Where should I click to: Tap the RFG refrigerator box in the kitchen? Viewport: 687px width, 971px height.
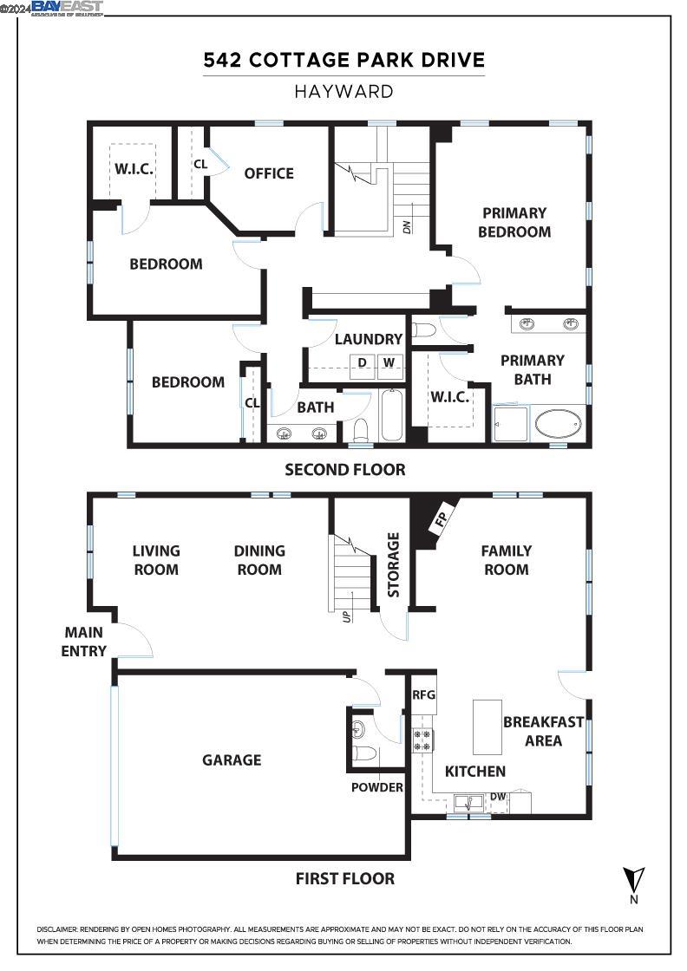coord(423,695)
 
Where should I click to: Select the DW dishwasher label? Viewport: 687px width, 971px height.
coord(498,797)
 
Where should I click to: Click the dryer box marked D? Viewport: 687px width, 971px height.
coord(363,362)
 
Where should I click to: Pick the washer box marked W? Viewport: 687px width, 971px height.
coord(389,362)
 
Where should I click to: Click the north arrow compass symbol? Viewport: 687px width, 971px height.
coord(635,879)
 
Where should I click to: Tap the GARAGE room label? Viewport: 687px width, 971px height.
coord(232,760)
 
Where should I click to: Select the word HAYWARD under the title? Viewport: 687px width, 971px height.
coord(343,91)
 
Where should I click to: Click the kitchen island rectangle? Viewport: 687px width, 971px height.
coord(487,727)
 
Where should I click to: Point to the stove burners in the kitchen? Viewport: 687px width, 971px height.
coord(423,740)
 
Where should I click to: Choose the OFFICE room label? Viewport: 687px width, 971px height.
coord(269,173)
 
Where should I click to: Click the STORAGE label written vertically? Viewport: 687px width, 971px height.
coord(393,564)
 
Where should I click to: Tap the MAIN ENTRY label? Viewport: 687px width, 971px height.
coord(83,642)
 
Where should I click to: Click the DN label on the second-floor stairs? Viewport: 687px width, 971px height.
coord(406,227)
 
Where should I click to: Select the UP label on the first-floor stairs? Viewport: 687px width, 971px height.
coord(346,617)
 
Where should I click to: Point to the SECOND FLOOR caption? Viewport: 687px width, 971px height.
coord(344,470)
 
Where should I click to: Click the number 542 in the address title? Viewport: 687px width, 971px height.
coord(223,60)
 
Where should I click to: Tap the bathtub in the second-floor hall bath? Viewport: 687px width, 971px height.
coord(391,416)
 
